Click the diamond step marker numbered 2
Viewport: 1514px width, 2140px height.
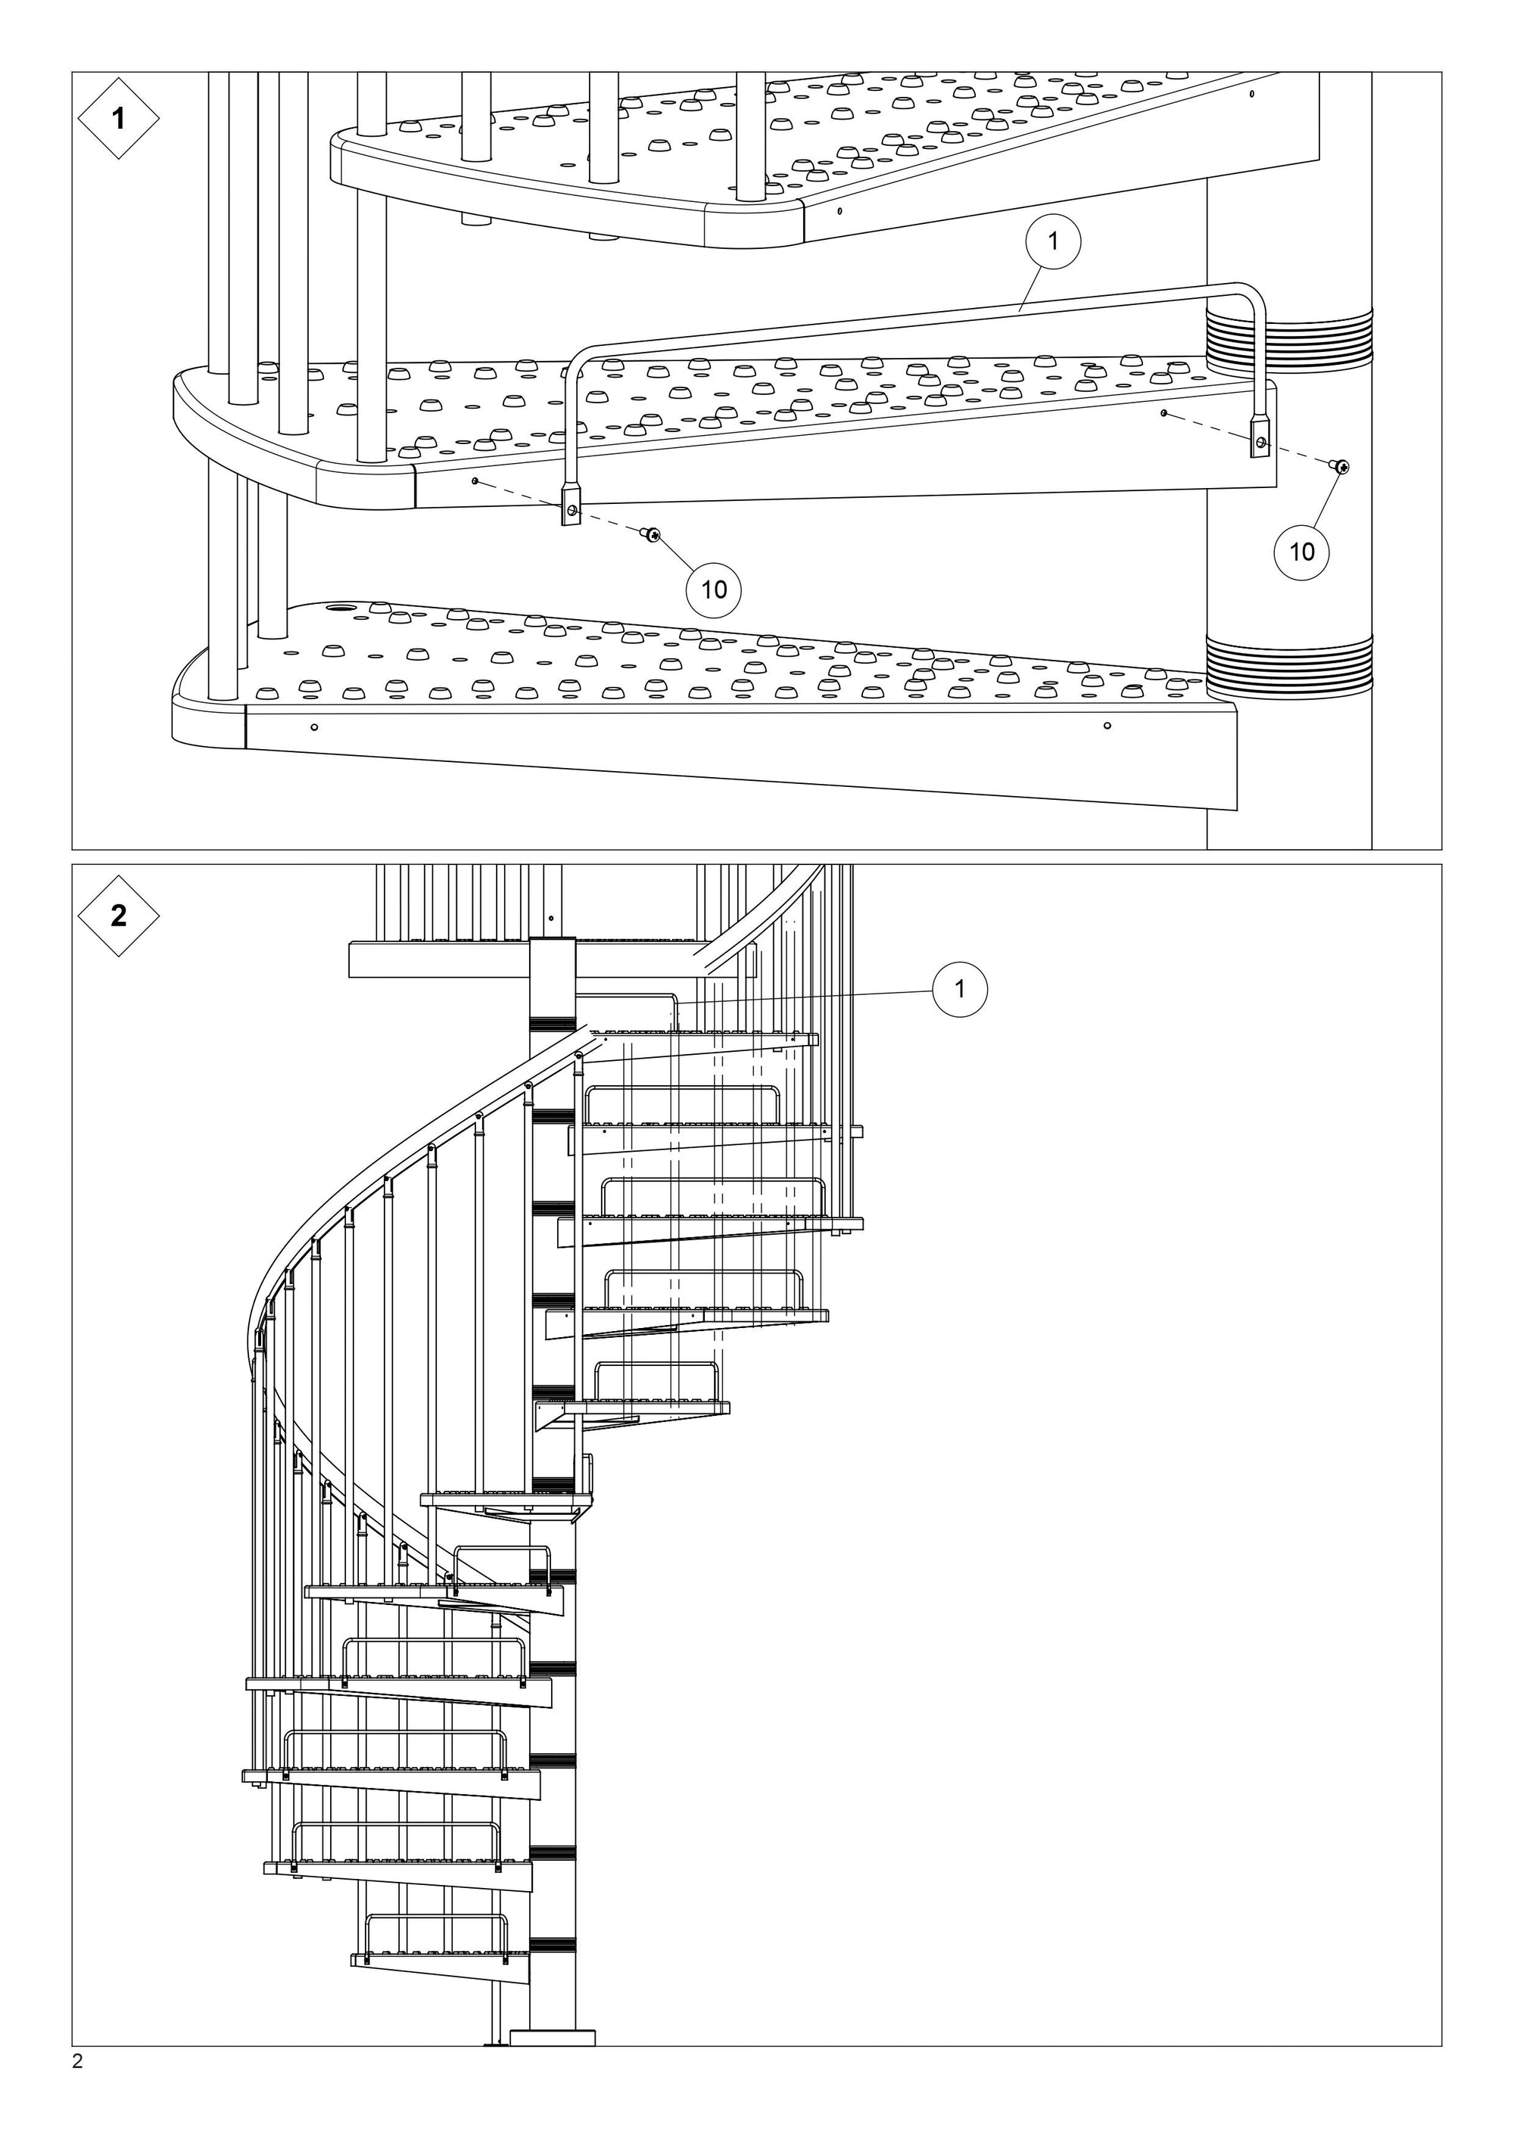[x=117, y=916]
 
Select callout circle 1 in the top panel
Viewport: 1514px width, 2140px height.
[x=1052, y=241]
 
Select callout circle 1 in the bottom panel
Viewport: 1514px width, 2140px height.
[x=959, y=989]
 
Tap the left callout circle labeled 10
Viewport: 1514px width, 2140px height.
[x=713, y=589]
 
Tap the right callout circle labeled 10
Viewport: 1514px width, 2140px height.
[x=1301, y=552]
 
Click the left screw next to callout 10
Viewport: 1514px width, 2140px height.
[x=650, y=534]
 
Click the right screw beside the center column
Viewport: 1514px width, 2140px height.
[x=1340, y=467]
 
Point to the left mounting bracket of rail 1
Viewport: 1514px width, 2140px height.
[x=569, y=507]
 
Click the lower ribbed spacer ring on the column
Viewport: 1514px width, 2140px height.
[x=1288, y=665]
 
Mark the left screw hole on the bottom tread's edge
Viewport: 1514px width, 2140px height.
[x=314, y=727]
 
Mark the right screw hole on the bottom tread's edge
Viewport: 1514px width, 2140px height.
[x=1107, y=725]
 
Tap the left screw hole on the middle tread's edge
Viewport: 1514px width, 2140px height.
[x=475, y=481]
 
